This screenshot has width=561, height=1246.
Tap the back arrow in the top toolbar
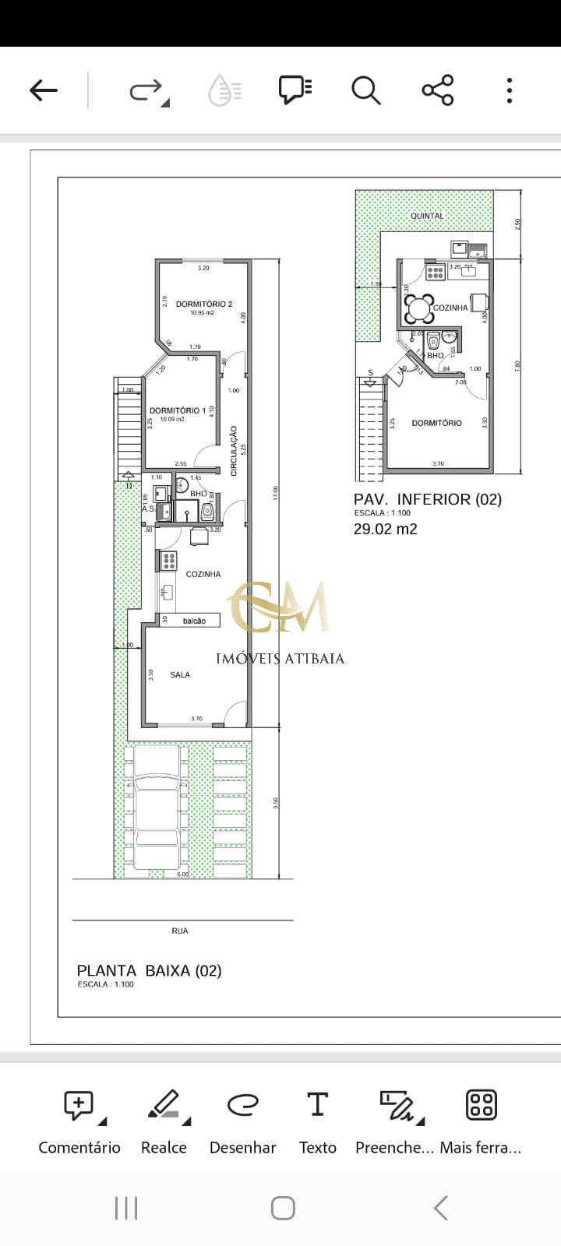44,90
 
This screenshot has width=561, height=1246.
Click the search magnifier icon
365,90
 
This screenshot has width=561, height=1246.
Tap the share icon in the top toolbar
438,90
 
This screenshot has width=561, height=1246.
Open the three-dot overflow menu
510,90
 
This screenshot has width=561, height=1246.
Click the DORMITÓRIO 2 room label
204,304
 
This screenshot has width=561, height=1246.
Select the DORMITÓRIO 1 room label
178,410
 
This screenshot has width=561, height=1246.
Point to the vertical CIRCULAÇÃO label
234,450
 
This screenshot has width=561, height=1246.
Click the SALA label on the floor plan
180,675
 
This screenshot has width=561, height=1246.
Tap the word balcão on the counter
194,621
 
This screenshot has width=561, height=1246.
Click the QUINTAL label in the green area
428,216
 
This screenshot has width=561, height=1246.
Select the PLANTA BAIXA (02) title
149,970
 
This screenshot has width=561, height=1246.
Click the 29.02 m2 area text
386,530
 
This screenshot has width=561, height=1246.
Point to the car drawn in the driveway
157,808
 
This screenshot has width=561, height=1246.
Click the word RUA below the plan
179,931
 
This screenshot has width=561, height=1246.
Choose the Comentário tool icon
79,1105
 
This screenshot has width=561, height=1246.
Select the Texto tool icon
317,1105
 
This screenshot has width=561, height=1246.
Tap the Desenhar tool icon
242,1105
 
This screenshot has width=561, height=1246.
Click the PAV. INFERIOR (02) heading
428,499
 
